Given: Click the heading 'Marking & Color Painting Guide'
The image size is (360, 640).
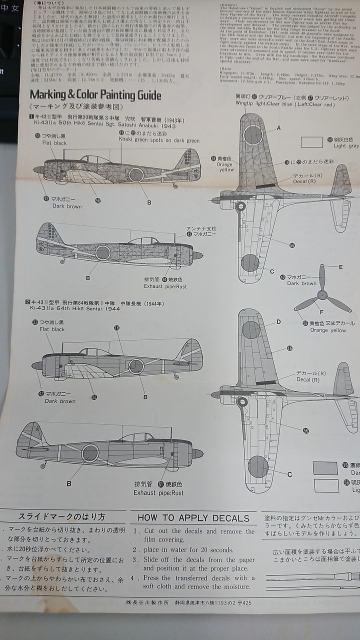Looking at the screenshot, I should [x=95, y=94].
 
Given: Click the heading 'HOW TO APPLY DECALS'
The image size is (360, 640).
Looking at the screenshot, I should [x=193, y=518].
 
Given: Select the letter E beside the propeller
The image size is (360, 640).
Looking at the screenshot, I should [x=341, y=267].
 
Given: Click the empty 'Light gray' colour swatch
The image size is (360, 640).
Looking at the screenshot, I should [x=312, y=142].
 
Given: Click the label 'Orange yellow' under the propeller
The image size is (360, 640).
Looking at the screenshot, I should [x=328, y=330].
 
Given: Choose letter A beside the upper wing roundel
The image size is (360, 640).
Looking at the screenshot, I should [x=278, y=128].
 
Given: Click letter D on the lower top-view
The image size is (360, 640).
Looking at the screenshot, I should [x=278, y=322].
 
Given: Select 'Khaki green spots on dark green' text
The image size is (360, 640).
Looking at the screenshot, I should [x=159, y=140].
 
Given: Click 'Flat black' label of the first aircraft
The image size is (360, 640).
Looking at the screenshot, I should [x=54, y=143].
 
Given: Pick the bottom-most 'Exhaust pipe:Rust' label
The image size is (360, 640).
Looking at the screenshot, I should [x=158, y=492].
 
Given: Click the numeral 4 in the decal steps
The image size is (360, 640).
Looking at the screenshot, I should [x=135, y=577].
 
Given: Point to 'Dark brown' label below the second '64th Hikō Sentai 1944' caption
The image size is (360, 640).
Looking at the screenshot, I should [x=60, y=401].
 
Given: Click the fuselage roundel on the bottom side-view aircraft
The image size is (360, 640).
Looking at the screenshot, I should [x=90, y=453].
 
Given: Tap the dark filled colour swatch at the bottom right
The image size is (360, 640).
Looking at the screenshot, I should [x=325, y=468].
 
